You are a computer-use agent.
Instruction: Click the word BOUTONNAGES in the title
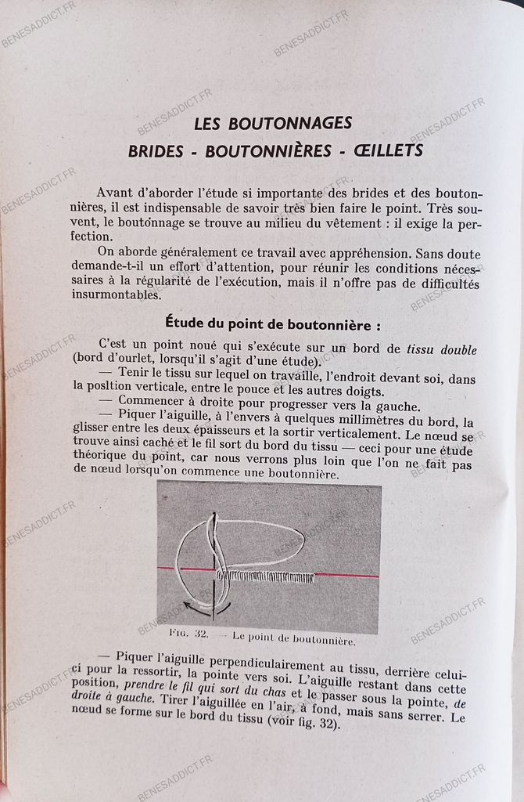pyautogui.click(x=291, y=123)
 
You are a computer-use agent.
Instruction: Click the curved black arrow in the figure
pyautogui.click(x=202, y=605)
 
